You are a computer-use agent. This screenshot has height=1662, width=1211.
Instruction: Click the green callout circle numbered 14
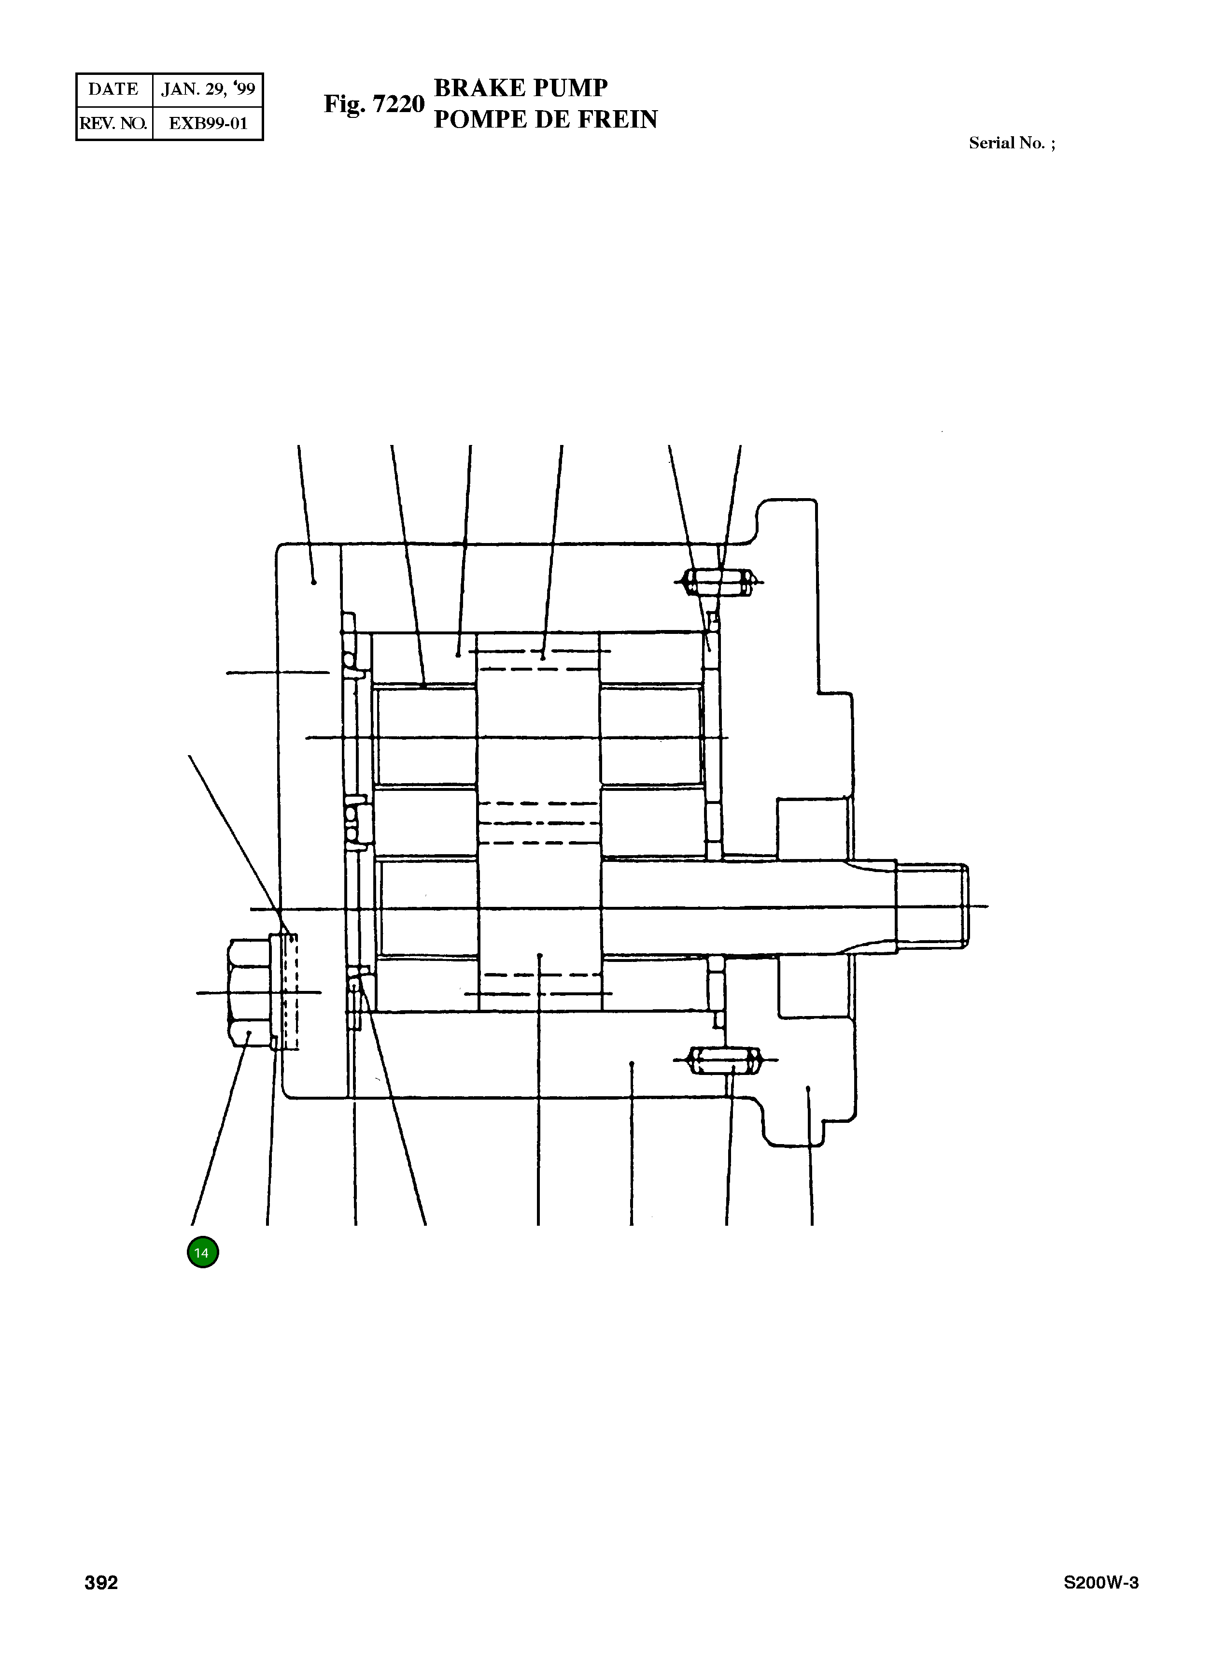(203, 1252)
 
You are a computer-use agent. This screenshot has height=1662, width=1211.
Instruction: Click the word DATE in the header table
(113, 89)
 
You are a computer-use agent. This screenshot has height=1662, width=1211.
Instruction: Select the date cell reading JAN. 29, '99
(208, 89)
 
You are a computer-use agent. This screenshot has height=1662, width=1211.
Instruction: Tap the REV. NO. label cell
(113, 123)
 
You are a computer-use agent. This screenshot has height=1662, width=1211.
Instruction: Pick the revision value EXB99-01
(208, 123)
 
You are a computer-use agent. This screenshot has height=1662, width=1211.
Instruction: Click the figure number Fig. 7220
(374, 104)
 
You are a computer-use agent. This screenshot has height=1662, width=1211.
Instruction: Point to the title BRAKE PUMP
(521, 88)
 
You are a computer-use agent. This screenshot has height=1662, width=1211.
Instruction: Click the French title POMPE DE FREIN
(546, 119)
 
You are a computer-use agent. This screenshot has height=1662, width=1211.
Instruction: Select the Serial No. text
(1012, 143)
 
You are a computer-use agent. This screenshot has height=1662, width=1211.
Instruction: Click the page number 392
(101, 1583)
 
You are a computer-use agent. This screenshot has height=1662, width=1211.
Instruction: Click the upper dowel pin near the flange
(718, 583)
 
